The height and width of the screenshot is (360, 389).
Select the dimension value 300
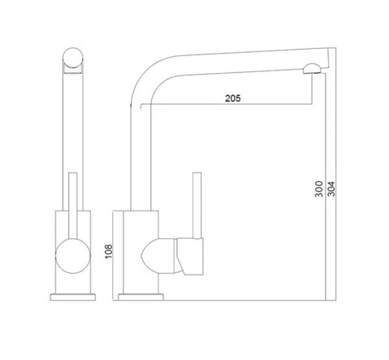(319, 189)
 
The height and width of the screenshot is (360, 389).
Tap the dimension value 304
(331, 189)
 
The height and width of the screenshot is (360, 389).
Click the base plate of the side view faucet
(141, 296)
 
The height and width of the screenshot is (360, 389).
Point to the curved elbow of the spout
(146, 77)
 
